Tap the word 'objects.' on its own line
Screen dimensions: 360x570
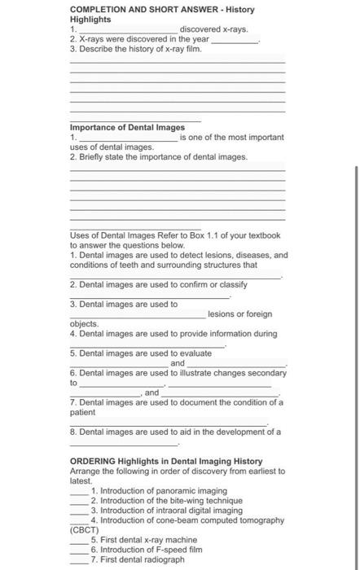[x=84, y=324]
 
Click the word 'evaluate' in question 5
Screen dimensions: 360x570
[x=195, y=353]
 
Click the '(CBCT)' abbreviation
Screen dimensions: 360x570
[x=85, y=529]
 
